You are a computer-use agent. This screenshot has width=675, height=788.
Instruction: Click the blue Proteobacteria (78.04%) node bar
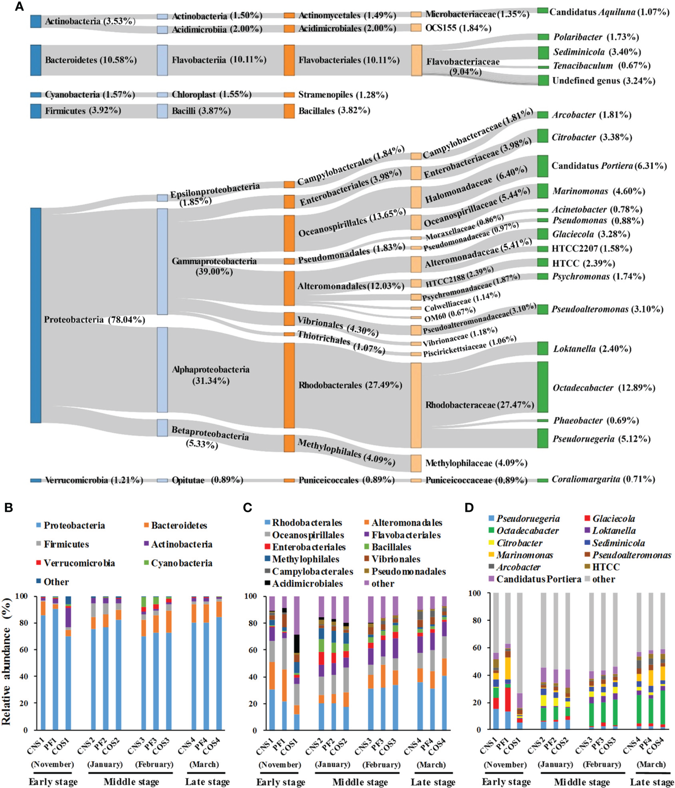tap(36, 315)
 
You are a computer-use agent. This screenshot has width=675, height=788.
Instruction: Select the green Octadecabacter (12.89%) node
tap(543, 387)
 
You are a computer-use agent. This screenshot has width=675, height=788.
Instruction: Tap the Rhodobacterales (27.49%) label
tap(350, 385)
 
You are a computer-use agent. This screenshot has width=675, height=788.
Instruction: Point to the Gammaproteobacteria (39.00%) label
tap(214, 266)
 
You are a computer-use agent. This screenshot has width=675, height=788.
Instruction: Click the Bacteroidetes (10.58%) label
tap(91, 60)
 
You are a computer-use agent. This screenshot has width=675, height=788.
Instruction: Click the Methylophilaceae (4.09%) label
tap(476, 463)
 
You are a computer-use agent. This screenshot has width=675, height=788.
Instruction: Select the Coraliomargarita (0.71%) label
tap(603, 479)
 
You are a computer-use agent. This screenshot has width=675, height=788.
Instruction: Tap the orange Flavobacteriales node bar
tap(289, 60)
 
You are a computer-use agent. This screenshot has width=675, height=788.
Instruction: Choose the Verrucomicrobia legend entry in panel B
tap(79, 563)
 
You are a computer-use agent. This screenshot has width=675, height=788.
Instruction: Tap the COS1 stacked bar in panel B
tap(68, 663)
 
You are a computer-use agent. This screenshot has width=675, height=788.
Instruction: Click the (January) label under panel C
tap(332, 764)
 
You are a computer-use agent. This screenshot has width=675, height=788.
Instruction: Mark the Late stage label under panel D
tap(652, 782)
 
